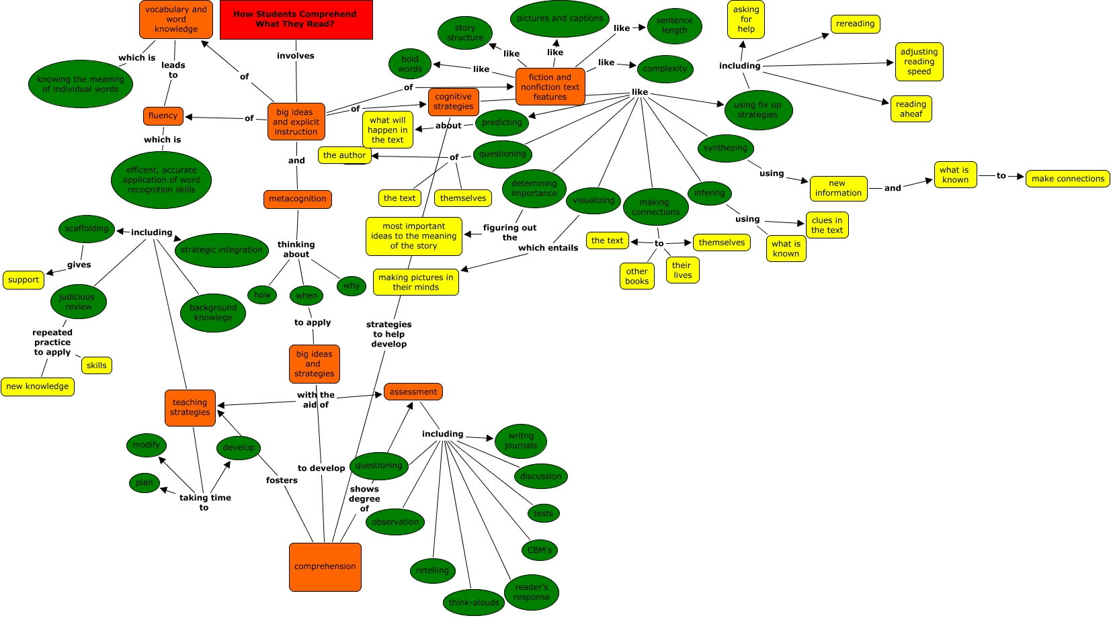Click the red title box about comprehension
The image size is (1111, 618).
tap(296, 19)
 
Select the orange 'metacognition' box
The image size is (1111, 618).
tap(297, 199)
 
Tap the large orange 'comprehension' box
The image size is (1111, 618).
tap(325, 567)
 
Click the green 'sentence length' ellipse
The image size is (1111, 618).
tap(674, 26)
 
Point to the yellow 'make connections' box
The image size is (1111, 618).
tap(1067, 179)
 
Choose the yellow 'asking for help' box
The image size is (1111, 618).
tap(745, 19)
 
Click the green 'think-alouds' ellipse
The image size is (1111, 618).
tap(474, 603)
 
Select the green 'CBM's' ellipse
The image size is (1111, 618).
tap(539, 550)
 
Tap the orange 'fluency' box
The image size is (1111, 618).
tap(163, 116)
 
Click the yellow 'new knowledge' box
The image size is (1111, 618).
tap(38, 386)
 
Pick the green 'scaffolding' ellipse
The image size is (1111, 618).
tap(87, 228)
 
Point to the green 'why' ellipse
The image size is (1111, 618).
tap(351, 285)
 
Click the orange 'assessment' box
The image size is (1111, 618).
tap(413, 392)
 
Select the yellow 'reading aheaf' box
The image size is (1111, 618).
tap(911, 109)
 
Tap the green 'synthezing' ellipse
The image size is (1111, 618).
tap(725, 148)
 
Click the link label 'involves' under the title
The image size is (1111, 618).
tap(296, 56)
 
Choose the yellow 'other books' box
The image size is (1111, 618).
tap(636, 276)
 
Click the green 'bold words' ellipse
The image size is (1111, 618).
tap(409, 64)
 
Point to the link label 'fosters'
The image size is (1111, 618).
tap(282, 480)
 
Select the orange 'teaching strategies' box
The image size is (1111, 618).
tap(190, 408)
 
